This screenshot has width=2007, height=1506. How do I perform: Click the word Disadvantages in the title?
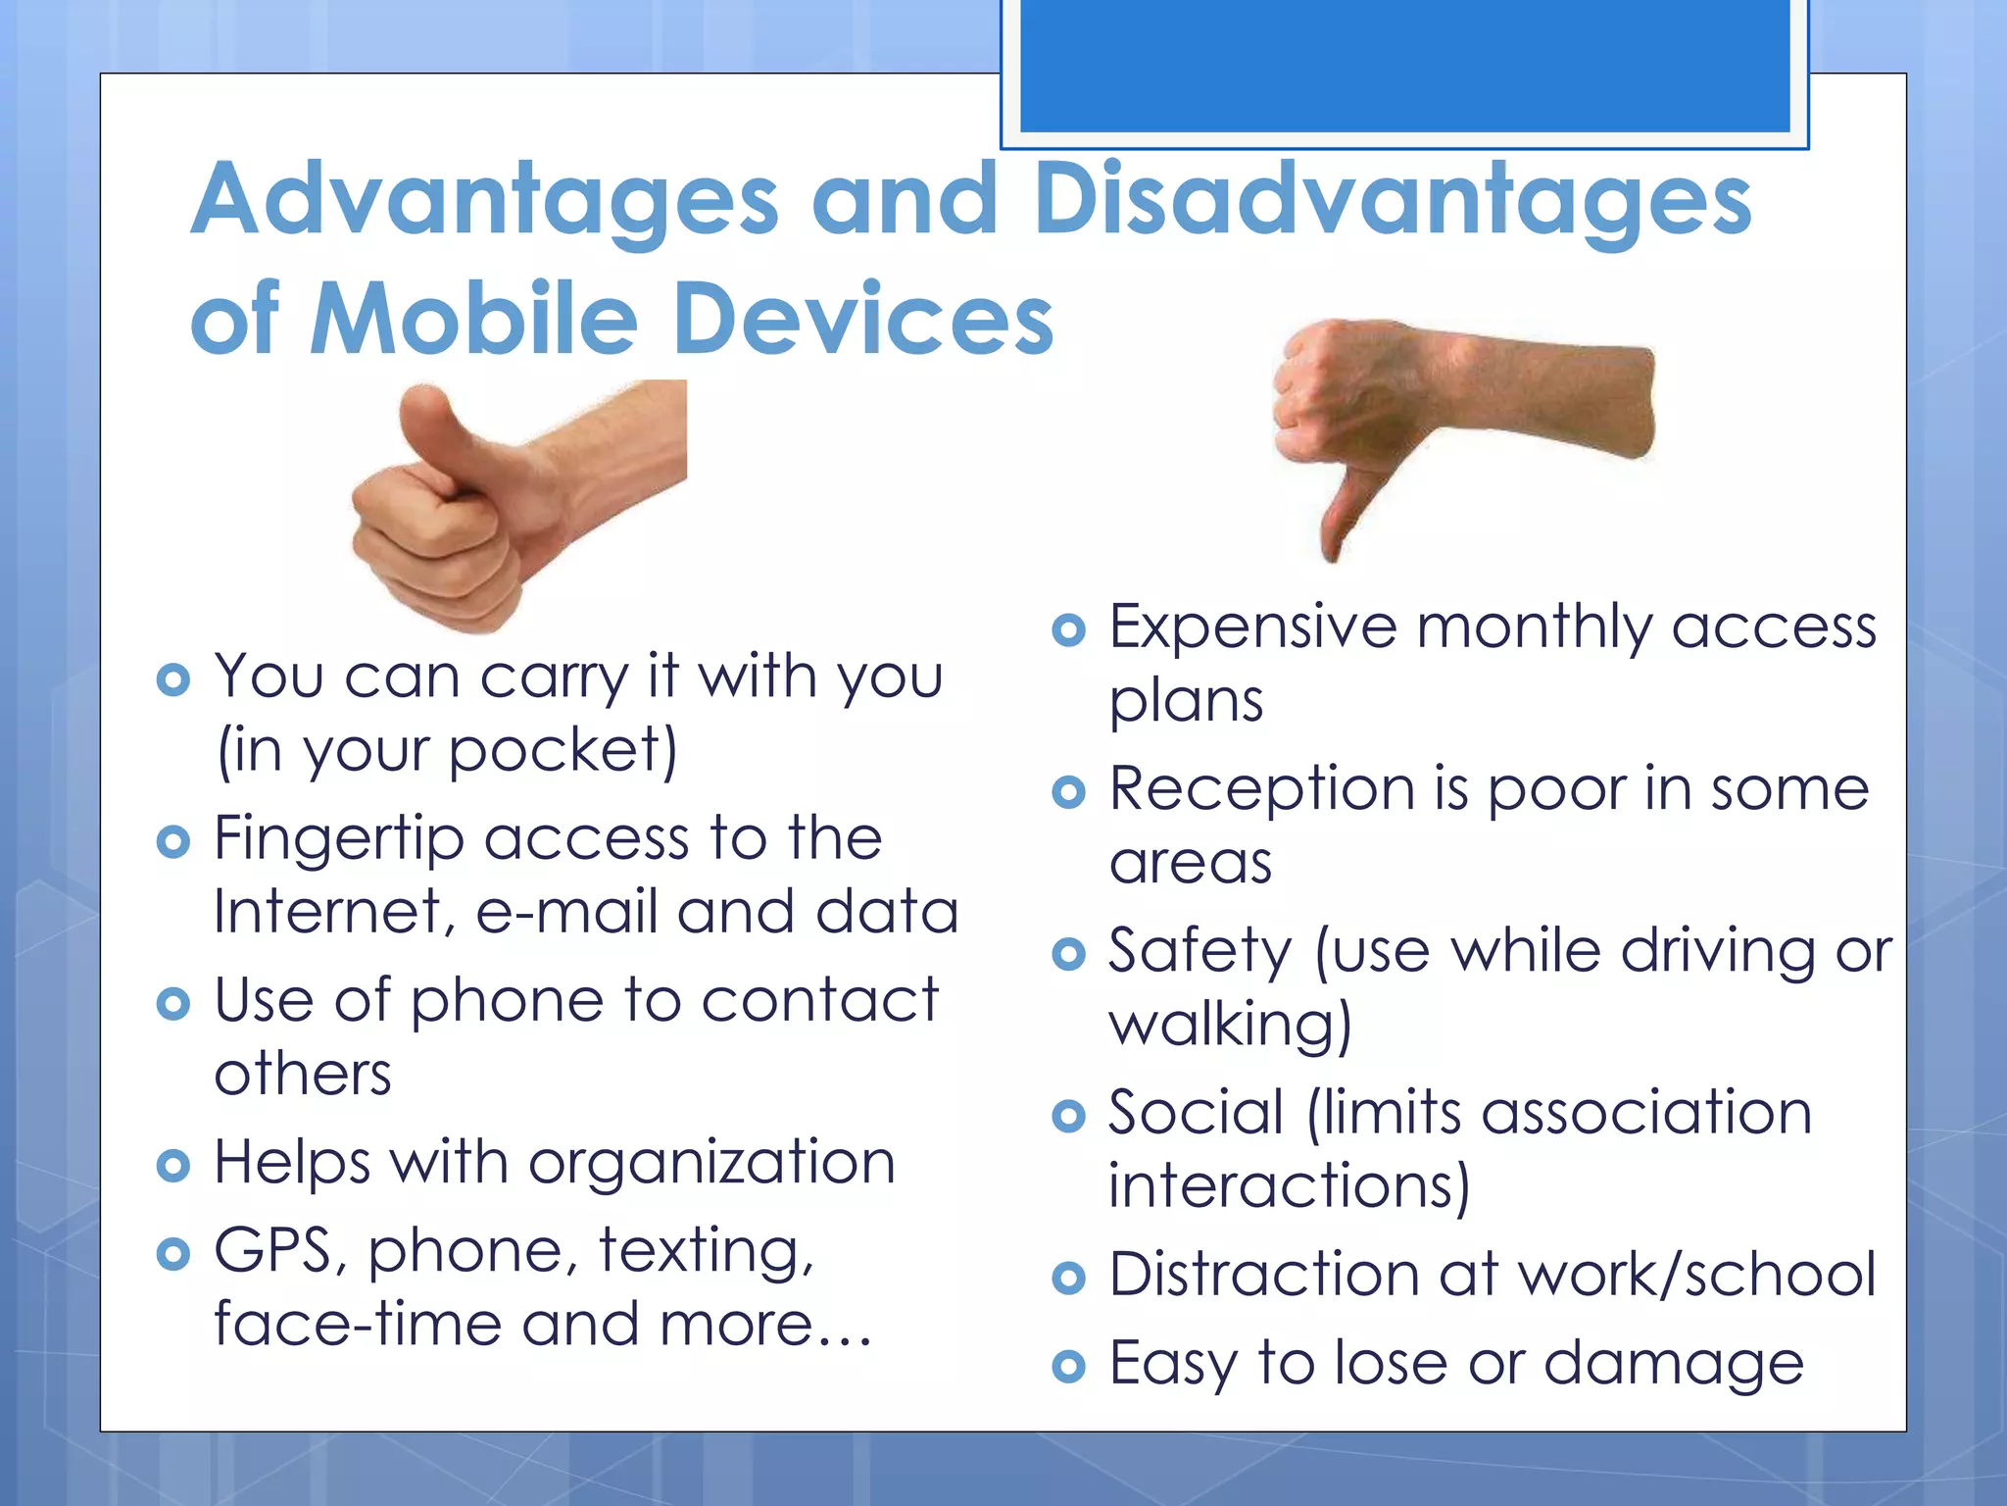pyautogui.click(x=1392, y=201)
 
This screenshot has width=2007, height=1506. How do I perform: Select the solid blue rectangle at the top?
pyautogui.click(x=1404, y=64)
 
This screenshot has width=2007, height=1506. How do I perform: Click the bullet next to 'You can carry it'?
pyautogui.click(x=172, y=679)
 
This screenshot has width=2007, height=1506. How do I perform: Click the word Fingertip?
pyautogui.click(x=338, y=840)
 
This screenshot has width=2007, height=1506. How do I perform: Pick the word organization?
pyautogui.click(x=711, y=1163)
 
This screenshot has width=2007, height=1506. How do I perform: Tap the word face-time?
pyautogui.click(x=359, y=1325)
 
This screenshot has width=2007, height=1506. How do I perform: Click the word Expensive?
pyautogui.click(x=1252, y=627)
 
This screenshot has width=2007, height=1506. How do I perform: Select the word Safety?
pyautogui.click(x=1199, y=952)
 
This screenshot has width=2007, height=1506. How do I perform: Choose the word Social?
pyautogui.click(x=1196, y=1113)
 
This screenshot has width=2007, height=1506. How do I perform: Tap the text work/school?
pyautogui.click(x=1696, y=1275)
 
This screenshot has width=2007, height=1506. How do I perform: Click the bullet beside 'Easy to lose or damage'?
pyautogui.click(x=1068, y=1366)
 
